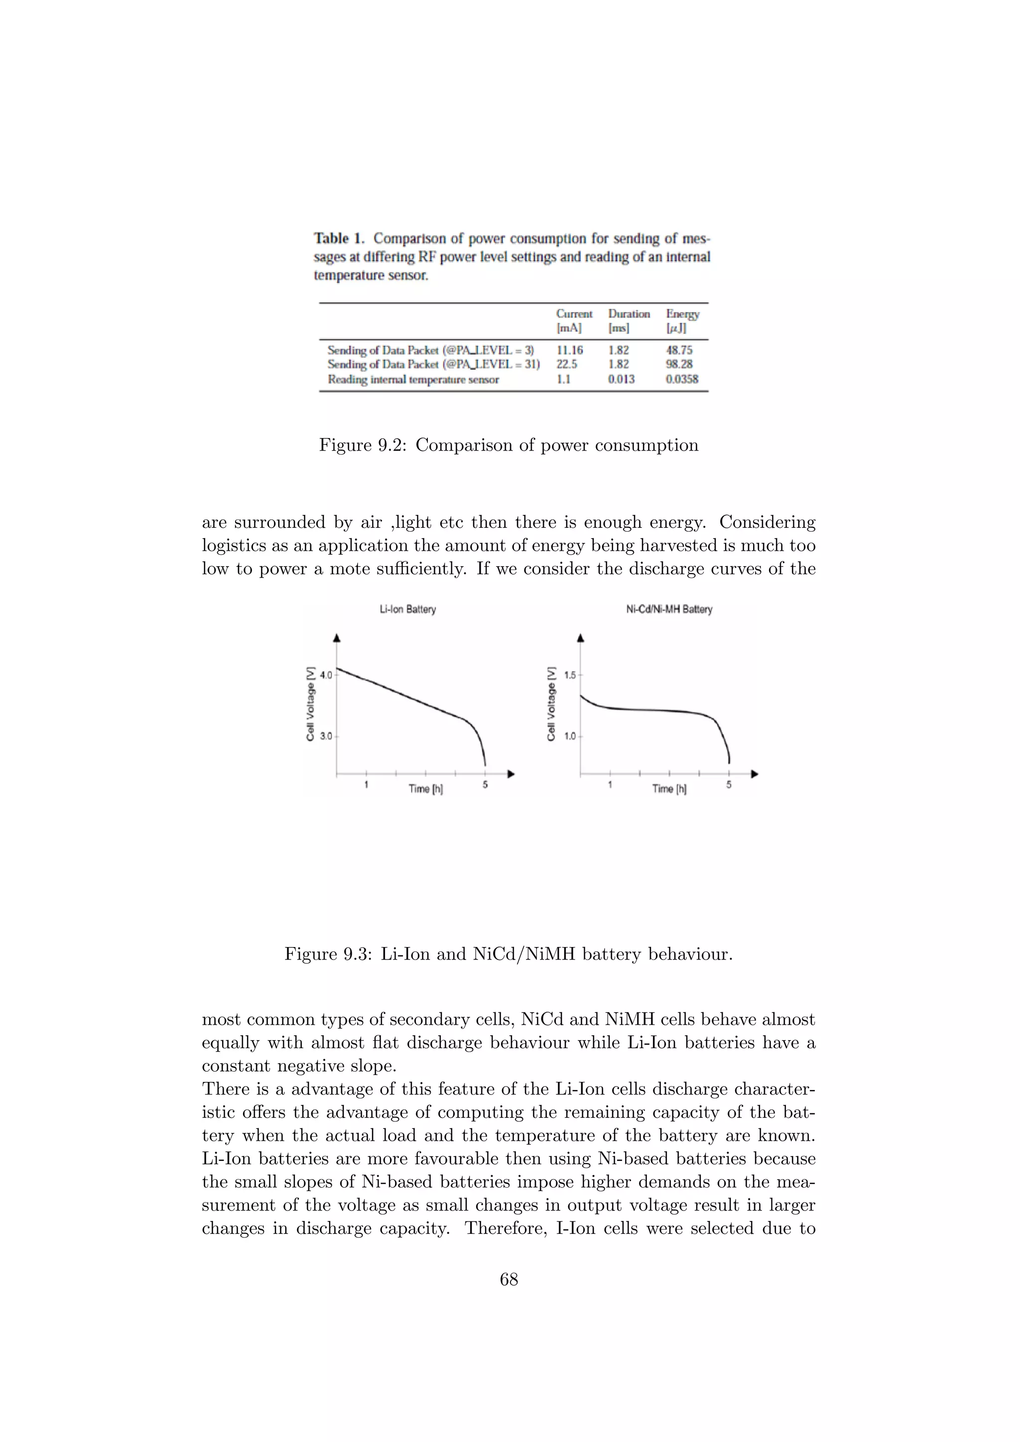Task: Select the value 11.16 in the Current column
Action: tap(569, 351)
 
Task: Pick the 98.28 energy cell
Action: tap(679, 364)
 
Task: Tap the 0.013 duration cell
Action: tap(621, 379)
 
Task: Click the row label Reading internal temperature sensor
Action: tap(413, 380)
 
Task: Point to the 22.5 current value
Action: tap(566, 364)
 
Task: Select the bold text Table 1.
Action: tap(339, 239)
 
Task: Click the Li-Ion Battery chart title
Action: tap(407, 609)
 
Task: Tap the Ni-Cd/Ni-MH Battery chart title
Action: tap(669, 609)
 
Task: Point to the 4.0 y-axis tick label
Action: tap(326, 676)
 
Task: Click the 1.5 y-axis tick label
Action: tap(570, 676)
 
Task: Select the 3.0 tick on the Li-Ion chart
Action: tap(326, 736)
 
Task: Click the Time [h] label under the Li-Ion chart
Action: tap(425, 789)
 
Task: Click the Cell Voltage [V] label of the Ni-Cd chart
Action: tap(551, 704)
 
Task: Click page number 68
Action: tap(509, 1279)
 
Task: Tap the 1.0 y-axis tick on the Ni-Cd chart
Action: tap(570, 736)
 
